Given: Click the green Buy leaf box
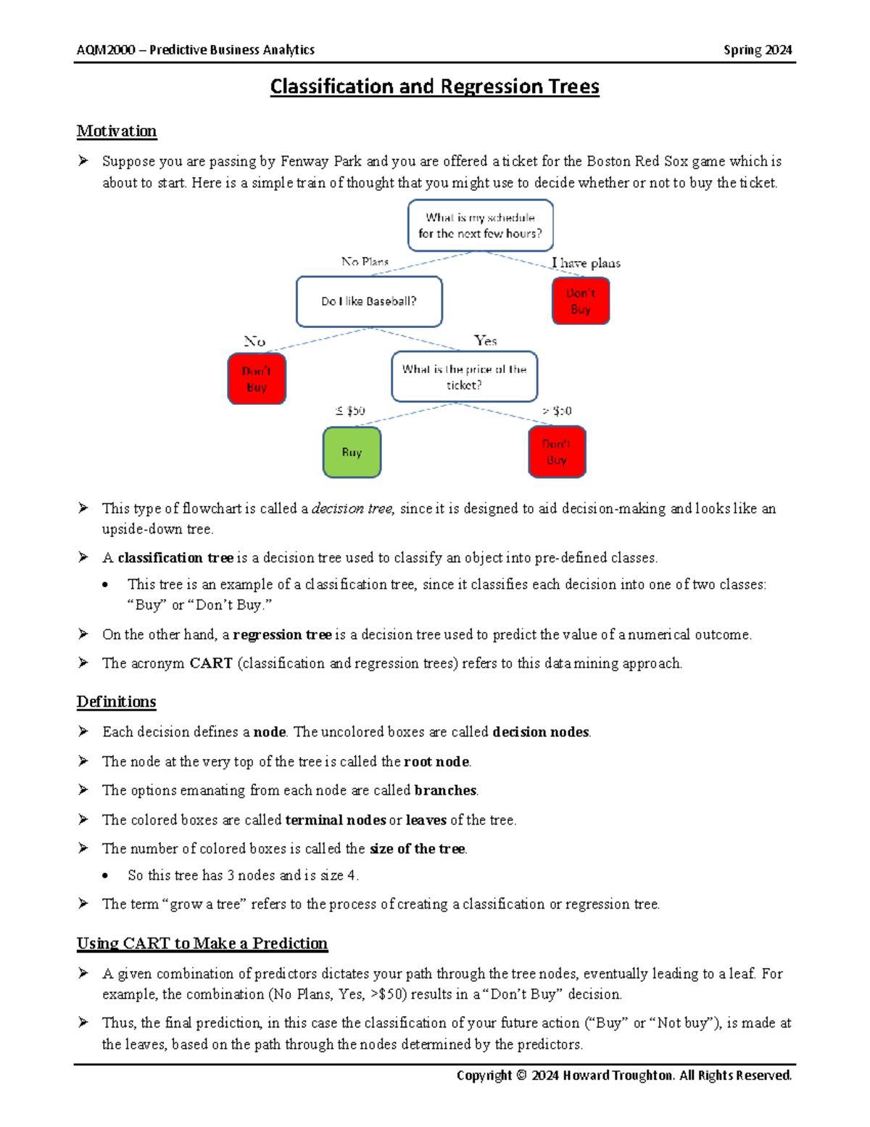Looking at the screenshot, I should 352,452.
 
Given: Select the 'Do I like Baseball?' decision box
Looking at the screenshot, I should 369,301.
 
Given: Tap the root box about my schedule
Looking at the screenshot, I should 480,226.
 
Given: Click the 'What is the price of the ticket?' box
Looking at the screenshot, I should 464,377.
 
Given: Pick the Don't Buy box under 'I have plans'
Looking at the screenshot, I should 581,301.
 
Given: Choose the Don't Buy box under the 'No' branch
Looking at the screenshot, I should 257,379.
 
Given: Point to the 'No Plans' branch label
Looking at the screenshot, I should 365,261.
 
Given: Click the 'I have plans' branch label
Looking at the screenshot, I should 586,263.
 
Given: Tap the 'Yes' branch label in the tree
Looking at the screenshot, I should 485,340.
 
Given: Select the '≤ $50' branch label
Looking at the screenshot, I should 350,411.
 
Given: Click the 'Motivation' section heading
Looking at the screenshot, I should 117,131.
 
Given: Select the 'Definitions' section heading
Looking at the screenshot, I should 117,702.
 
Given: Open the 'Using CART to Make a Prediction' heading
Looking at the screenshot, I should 202,943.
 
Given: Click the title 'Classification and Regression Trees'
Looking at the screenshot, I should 434,87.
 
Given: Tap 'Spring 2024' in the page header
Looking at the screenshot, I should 758,50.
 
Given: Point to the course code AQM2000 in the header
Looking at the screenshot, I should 106,50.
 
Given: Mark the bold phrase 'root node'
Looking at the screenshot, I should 436,761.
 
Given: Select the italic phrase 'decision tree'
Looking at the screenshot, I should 352,509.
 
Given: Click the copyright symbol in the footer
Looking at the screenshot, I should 521,1075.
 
